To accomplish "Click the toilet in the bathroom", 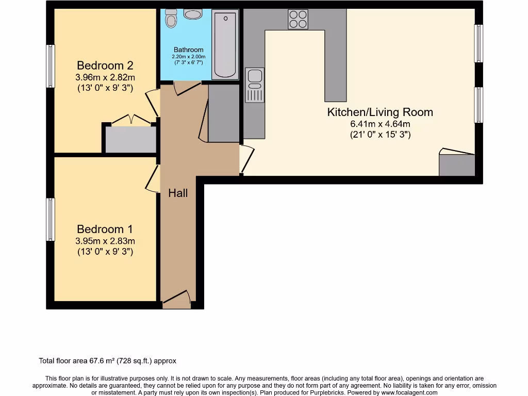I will tap(171, 20).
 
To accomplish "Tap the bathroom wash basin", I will tap(193, 14).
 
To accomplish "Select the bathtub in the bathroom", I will tap(225, 45).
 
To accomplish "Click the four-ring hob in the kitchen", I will tap(298, 20).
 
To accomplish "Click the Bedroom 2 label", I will tap(105, 65).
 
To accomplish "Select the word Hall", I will tap(178, 193).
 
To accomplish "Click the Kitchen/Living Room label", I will tap(380, 112).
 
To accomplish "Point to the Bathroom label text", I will tap(188, 50).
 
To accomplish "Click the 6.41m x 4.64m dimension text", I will tap(380, 124).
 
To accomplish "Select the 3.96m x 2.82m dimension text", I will tap(105, 77).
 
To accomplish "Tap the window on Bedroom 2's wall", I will tap(51, 66).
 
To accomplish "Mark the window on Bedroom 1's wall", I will tap(51, 219).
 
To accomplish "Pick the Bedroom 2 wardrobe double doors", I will tap(131, 121).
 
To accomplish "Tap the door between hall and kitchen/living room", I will tap(246, 159).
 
